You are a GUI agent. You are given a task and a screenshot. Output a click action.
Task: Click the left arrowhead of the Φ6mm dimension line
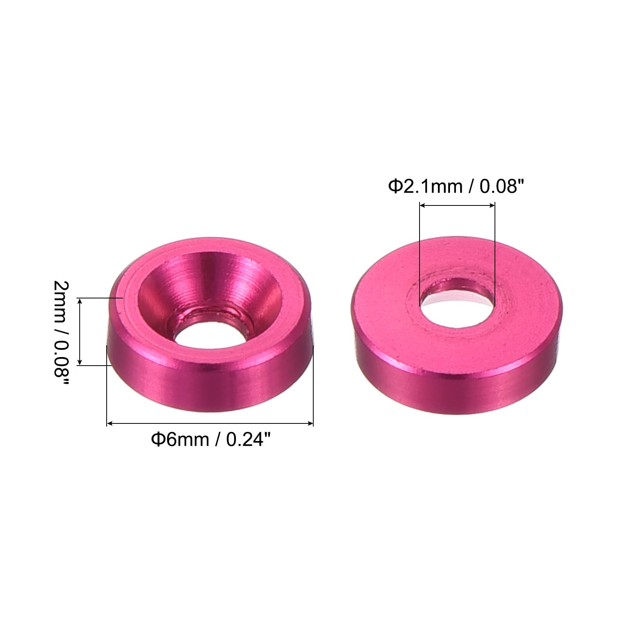click(x=110, y=423)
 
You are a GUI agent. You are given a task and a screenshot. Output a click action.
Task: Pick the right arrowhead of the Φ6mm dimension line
click(x=310, y=423)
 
